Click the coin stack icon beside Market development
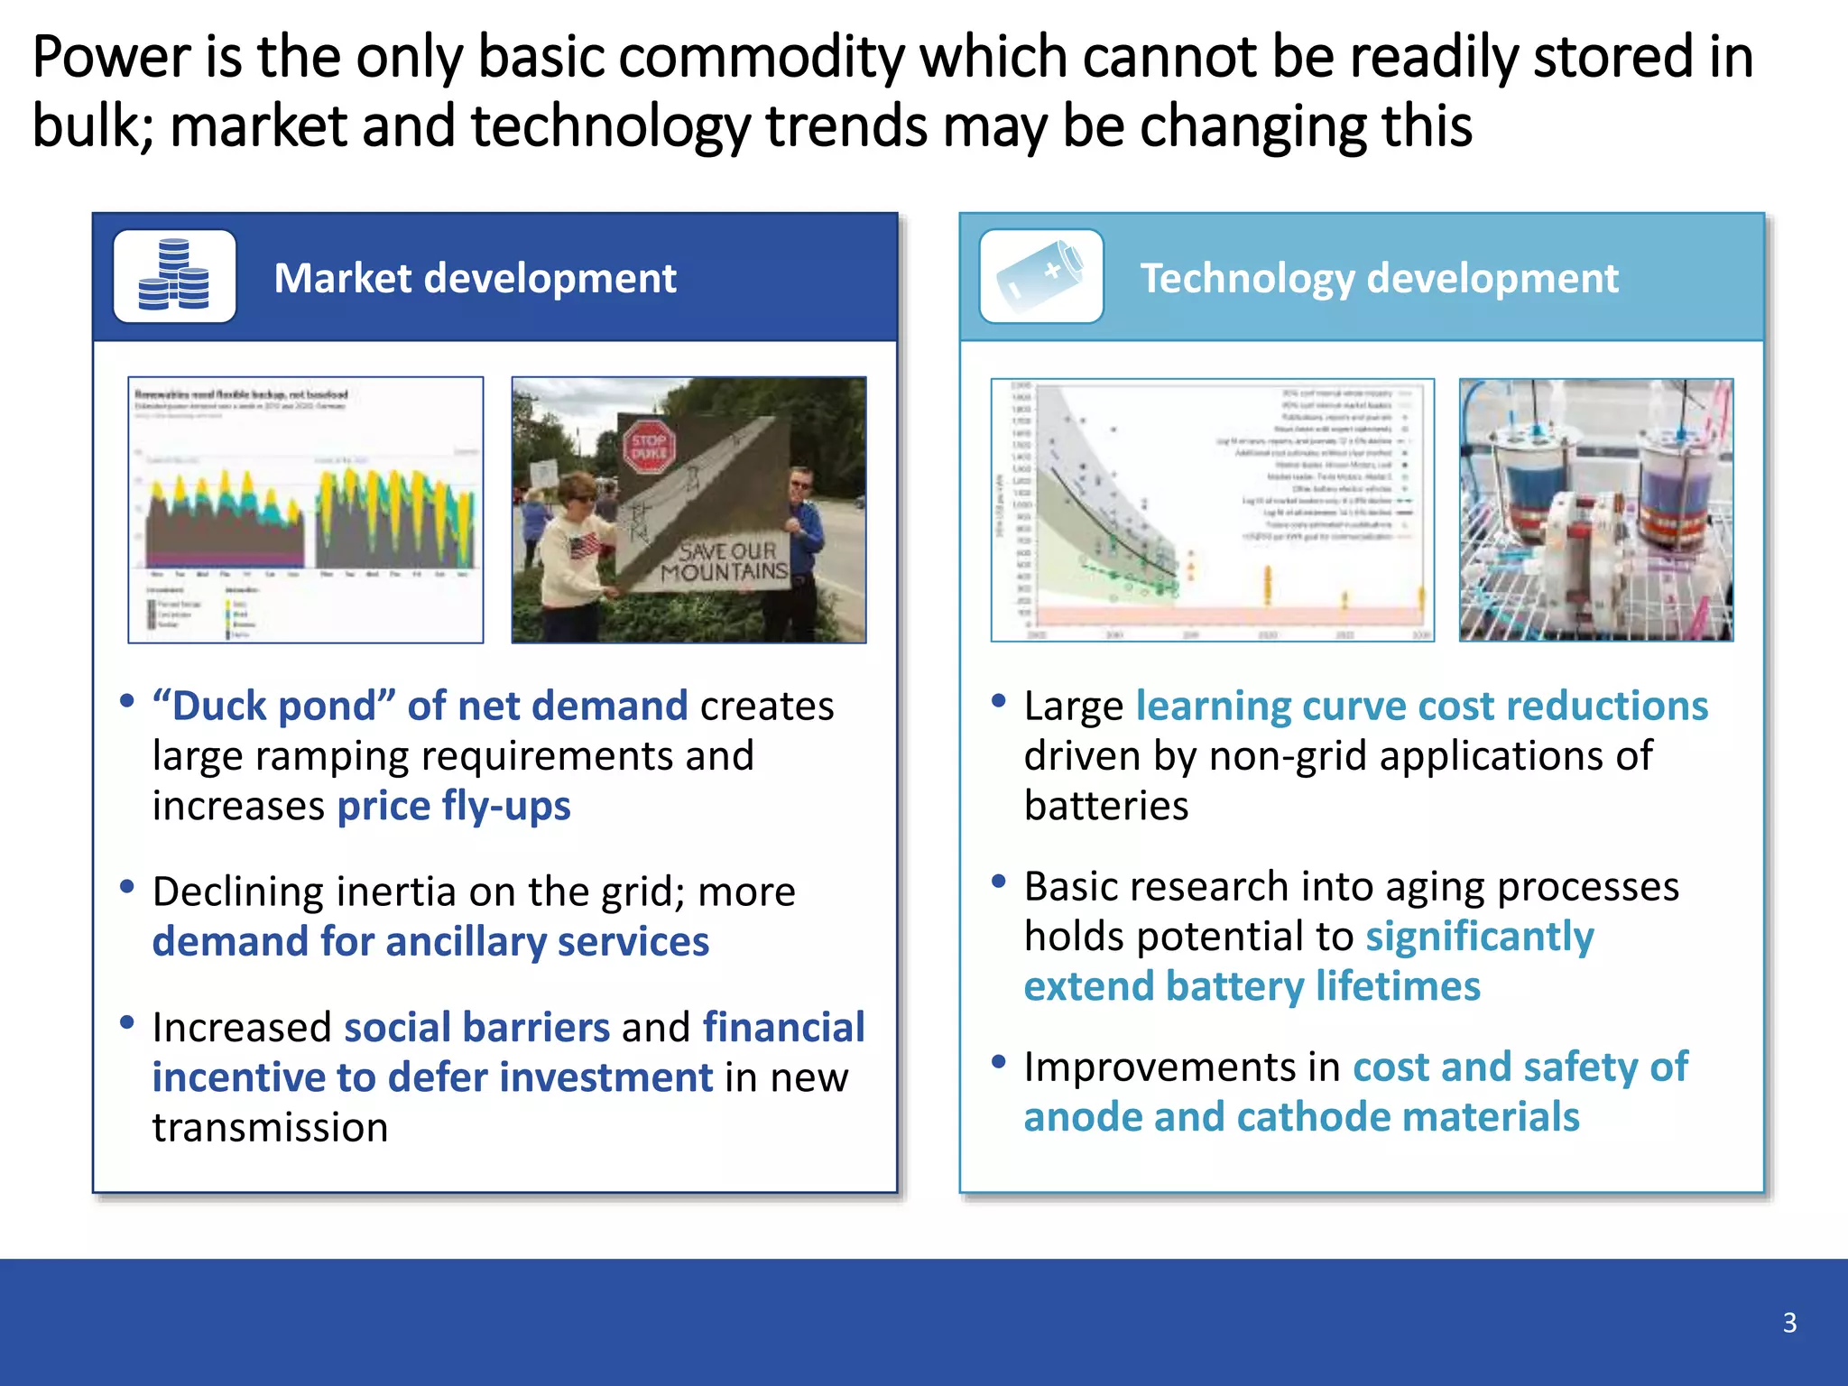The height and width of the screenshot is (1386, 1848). click(x=174, y=276)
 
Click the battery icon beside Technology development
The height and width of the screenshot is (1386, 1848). click(x=1041, y=276)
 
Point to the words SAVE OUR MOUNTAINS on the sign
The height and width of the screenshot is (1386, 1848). click(x=725, y=561)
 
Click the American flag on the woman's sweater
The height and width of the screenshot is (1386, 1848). click(x=583, y=545)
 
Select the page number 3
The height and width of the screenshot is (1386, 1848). click(x=1789, y=1323)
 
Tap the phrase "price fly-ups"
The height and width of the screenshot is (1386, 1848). click(x=453, y=806)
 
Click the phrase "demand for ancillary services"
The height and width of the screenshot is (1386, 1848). click(x=430, y=942)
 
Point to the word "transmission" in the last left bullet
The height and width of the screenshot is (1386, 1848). click(x=270, y=1128)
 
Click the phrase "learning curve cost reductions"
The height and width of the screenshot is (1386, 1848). click(x=1421, y=707)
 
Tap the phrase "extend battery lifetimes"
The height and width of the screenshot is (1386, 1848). click(x=1252, y=986)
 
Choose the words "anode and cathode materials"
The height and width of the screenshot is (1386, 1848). click(x=1301, y=1117)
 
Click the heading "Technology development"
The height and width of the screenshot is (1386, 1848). click(x=1379, y=278)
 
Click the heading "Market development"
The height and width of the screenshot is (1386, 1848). click(x=475, y=278)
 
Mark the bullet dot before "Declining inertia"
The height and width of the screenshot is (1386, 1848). click(x=127, y=887)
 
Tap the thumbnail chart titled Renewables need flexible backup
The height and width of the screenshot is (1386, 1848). click(x=305, y=510)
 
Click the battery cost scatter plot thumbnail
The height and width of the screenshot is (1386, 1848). click(x=1212, y=510)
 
